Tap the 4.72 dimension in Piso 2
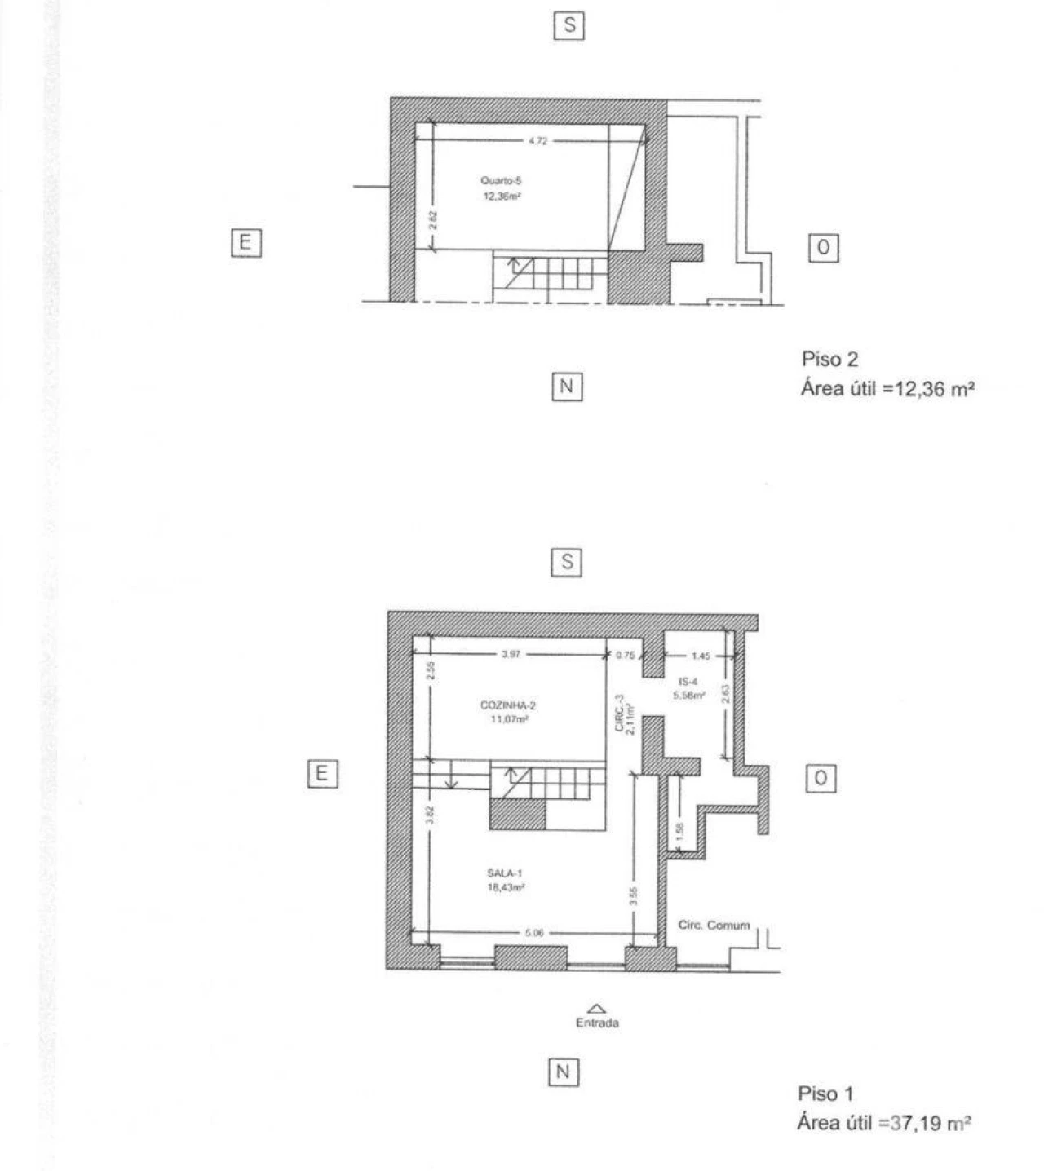click(537, 141)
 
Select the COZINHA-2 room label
click(507, 705)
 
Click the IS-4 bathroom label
click(688, 682)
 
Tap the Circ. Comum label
click(714, 925)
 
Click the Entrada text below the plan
click(597, 1023)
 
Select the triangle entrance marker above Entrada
click(597, 1009)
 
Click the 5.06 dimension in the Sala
click(534, 933)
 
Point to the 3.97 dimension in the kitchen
click(511, 654)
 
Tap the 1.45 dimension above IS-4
click(701, 656)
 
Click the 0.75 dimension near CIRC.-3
click(625, 655)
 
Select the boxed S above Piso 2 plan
click(569, 25)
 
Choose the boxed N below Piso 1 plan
click(563, 1072)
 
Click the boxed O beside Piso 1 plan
click(821, 779)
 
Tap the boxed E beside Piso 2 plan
click(246, 242)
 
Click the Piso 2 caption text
click(829, 359)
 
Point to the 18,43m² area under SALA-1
click(506, 887)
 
